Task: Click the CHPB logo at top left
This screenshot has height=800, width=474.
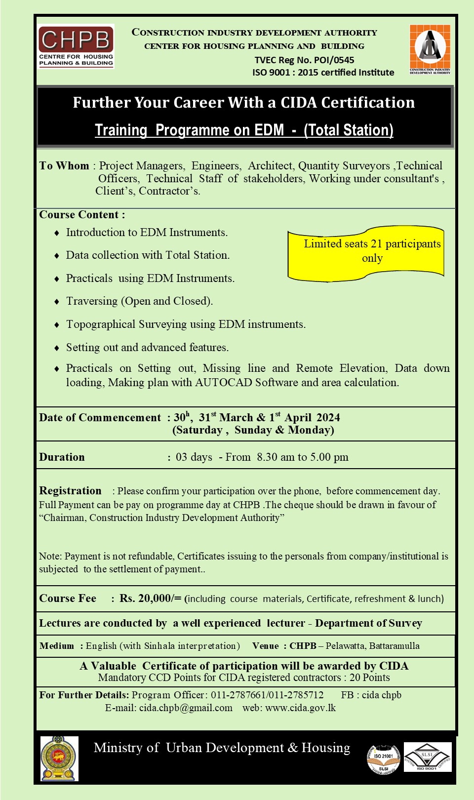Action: [76, 46]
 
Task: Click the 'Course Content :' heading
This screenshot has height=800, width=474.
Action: [82, 215]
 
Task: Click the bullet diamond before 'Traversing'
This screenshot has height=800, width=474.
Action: [57, 302]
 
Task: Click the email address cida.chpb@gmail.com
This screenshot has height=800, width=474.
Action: [186, 708]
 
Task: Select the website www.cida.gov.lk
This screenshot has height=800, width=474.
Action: [300, 708]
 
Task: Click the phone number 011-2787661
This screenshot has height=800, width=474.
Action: [238, 695]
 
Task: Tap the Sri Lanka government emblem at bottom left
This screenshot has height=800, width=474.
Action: [59, 758]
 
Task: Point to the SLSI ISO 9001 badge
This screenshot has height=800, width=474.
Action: [428, 757]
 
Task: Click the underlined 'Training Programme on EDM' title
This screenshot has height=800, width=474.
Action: [244, 130]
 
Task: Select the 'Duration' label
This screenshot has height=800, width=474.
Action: [62, 457]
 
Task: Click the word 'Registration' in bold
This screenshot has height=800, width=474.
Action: [70, 491]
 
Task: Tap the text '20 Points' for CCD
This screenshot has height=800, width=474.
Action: [370, 678]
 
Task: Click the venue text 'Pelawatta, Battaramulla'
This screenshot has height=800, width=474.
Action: [373, 646]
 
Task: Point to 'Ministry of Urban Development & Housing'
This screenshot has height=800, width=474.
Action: [222, 748]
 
